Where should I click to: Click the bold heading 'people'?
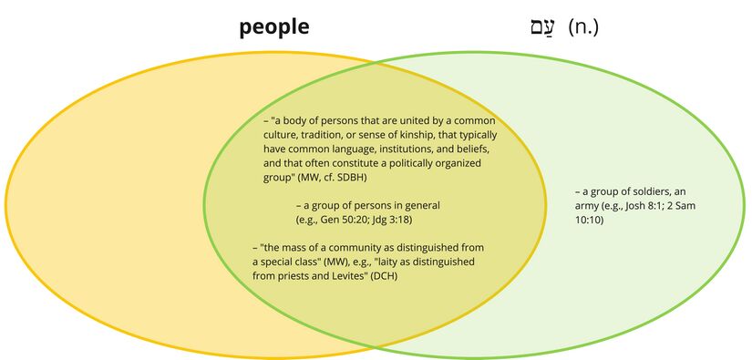tap(274, 27)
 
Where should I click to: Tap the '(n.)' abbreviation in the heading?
tap(583, 27)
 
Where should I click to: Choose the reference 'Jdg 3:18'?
tap(407, 220)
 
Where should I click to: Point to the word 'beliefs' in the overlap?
tap(472, 149)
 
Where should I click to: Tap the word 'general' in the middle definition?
tap(414, 206)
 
